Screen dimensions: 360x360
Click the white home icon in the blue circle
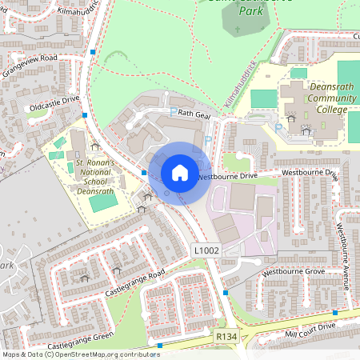(x=180, y=172)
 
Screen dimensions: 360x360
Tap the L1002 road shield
(x=206, y=251)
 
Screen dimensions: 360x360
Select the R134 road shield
(x=226, y=338)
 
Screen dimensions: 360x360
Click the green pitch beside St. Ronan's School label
(x=102, y=202)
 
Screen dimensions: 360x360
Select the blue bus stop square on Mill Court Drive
(x=337, y=313)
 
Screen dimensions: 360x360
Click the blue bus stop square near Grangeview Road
(x=94, y=51)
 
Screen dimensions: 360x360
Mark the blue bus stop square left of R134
(x=161, y=346)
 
